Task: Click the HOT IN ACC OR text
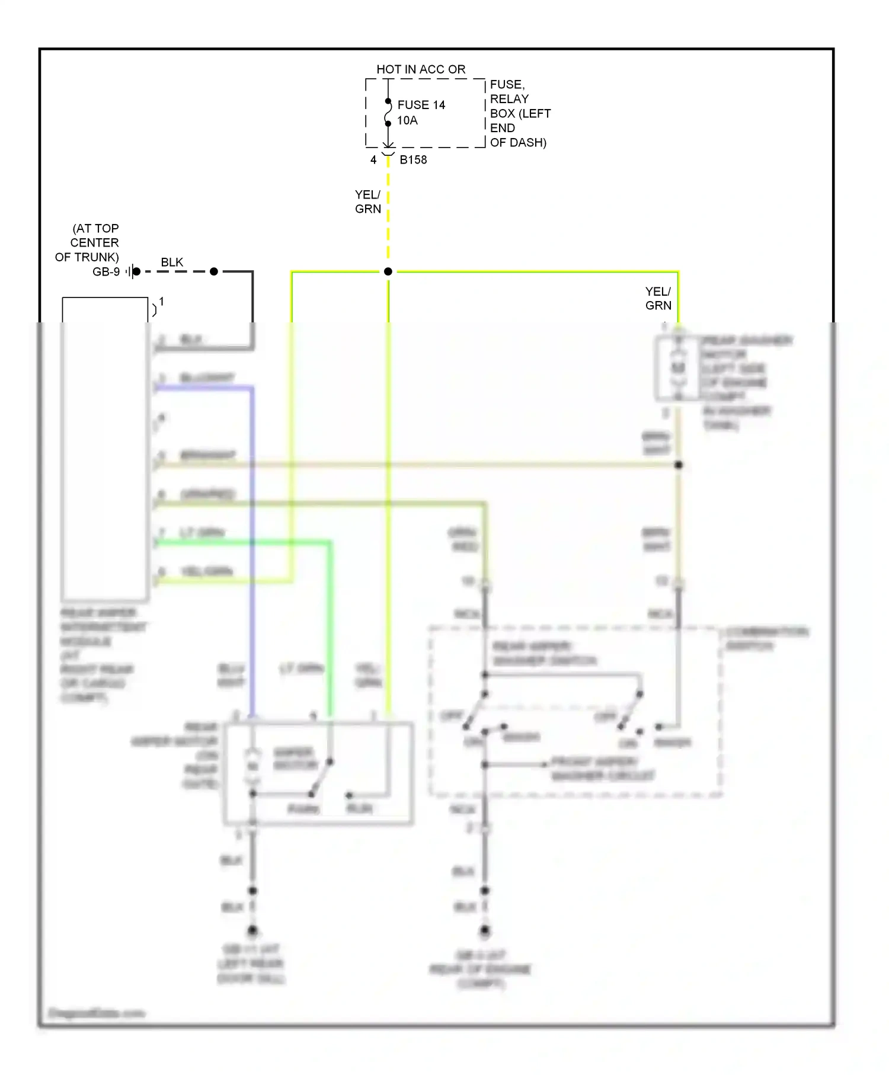click(x=421, y=69)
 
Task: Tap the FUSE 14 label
click(x=421, y=105)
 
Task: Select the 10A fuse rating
click(x=407, y=120)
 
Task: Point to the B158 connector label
click(x=413, y=159)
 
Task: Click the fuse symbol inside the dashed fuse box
click(x=388, y=113)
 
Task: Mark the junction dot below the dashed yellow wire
click(x=388, y=271)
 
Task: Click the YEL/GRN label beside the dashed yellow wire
click(x=367, y=201)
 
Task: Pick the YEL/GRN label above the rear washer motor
click(x=658, y=298)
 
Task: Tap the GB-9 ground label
click(x=106, y=271)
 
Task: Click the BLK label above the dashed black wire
click(x=172, y=262)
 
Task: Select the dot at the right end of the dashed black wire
click(x=214, y=271)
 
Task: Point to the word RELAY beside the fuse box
click(x=509, y=99)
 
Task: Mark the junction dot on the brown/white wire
click(x=679, y=465)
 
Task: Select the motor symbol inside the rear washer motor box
click(x=678, y=368)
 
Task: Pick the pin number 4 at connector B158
click(x=373, y=159)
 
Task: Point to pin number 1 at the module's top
click(x=161, y=302)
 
